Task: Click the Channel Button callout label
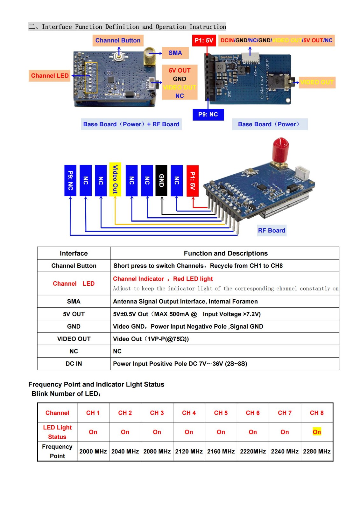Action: coord(118,40)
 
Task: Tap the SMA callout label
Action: coord(175,53)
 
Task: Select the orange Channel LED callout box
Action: coord(50,76)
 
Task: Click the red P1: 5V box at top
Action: coord(204,40)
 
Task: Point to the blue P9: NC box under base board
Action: coord(208,115)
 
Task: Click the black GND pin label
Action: coord(161,180)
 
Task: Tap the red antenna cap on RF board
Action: coord(281,147)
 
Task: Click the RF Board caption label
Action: coord(272,230)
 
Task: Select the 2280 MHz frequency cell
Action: coord(317,451)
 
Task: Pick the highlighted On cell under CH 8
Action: coord(317,432)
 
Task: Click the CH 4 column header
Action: coord(189,413)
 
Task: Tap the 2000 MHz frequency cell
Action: coord(93,451)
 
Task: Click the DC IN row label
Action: coord(74,364)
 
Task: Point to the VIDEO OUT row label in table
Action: coord(74,339)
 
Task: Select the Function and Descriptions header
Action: coord(226,253)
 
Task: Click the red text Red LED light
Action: coord(193,279)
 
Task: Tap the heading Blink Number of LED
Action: coord(66,394)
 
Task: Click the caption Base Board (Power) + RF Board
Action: coord(131,124)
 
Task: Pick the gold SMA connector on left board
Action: coord(149,56)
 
